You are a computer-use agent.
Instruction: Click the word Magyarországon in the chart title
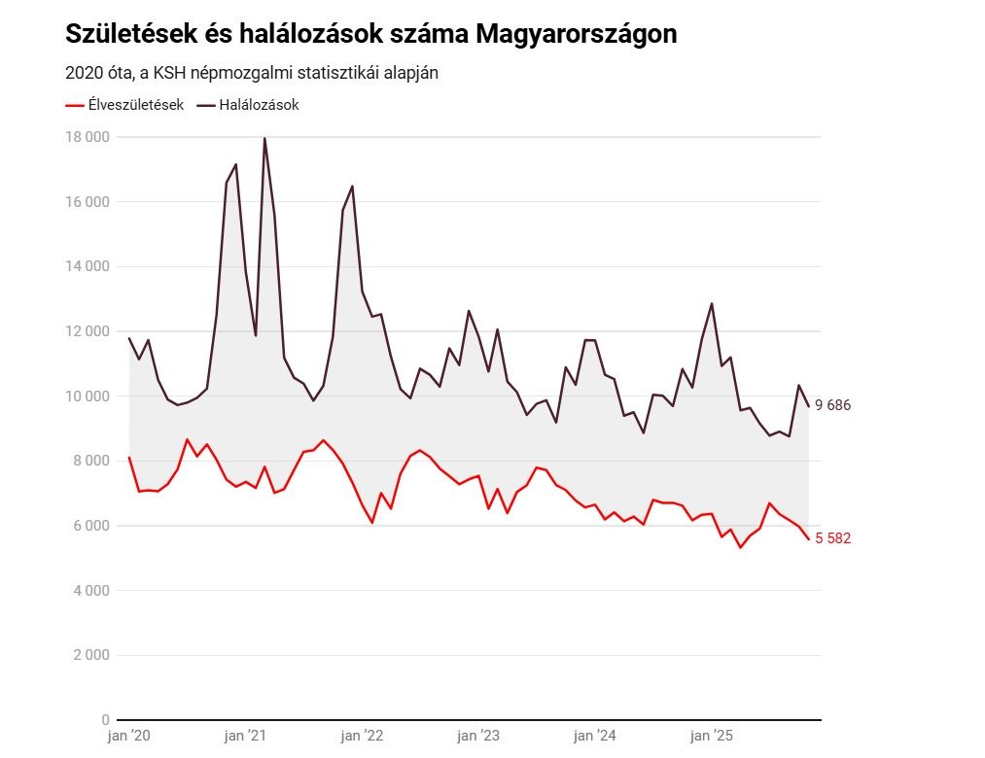point(578,35)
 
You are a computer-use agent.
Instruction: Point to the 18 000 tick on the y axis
point(88,137)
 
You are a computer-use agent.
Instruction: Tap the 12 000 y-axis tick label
point(88,331)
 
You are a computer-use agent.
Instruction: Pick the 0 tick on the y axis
point(105,720)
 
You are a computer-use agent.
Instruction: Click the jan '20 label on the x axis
point(128,736)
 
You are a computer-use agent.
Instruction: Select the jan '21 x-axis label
point(245,736)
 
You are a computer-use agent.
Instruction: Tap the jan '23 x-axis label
point(477,736)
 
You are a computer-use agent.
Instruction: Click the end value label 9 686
point(832,405)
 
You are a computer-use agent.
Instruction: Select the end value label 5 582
point(832,538)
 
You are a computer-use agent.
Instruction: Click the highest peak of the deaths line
point(264,138)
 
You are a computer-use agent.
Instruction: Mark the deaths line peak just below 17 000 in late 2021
point(352,186)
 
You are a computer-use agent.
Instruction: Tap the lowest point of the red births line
point(740,547)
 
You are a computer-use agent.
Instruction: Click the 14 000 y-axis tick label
point(88,266)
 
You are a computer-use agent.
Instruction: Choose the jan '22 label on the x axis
point(362,736)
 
